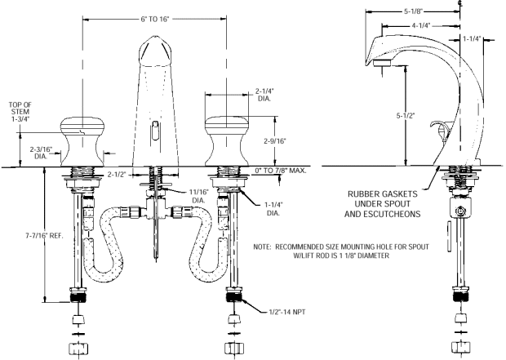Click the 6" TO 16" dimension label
point(154,20)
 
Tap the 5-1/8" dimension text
point(413,11)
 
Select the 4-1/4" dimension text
point(421,25)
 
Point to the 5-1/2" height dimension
point(405,115)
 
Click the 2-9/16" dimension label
point(275,140)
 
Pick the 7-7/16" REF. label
point(44,236)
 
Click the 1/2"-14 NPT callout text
point(287,312)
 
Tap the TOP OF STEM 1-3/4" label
point(20,112)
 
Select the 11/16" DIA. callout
point(198,196)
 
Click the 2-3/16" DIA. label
point(41,153)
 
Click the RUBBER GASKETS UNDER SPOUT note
point(383,204)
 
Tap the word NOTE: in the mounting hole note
point(262,247)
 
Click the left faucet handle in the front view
point(82,142)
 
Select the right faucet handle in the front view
point(227,142)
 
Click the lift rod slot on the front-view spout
point(155,131)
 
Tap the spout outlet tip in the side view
point(383,63)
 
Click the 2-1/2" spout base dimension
point(117,175)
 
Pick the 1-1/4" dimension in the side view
point(472,39)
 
